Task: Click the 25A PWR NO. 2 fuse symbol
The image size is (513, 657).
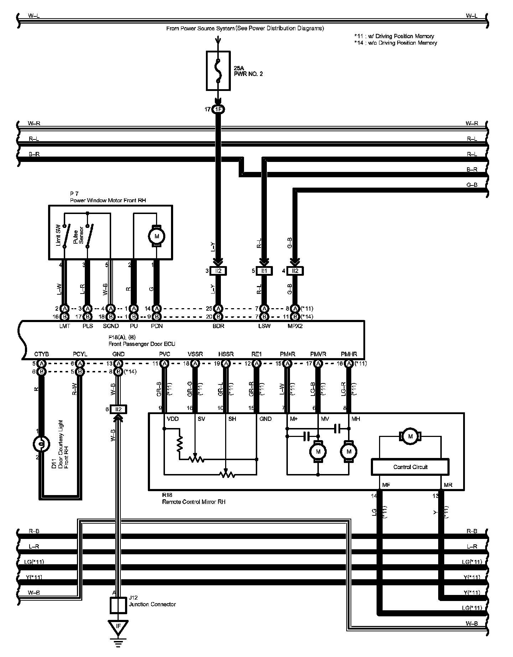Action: point(218,70)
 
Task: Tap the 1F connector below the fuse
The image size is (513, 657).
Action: point(218,109)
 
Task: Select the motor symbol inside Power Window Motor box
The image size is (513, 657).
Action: point(156,236)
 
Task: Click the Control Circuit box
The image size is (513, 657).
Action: point(410,467)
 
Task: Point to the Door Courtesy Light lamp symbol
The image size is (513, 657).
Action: point(41,444)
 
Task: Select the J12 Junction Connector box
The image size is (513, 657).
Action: point(118,605)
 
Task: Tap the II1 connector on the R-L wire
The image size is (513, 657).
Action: point(264,271)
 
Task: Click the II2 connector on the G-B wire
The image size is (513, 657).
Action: point(295,271)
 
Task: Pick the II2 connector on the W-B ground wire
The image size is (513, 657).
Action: point(118,409)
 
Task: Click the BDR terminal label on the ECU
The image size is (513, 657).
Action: point(218,326)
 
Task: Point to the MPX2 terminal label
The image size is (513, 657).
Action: point(295,326)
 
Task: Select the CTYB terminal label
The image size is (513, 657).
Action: point(41,354)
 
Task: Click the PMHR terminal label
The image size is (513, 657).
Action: point(349,354)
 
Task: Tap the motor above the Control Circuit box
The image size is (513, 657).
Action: point(410,436)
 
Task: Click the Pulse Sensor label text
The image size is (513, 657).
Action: point(78,236)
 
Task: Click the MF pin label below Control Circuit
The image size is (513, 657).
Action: point(386,485)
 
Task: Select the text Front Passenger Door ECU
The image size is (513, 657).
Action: point(142,344)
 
